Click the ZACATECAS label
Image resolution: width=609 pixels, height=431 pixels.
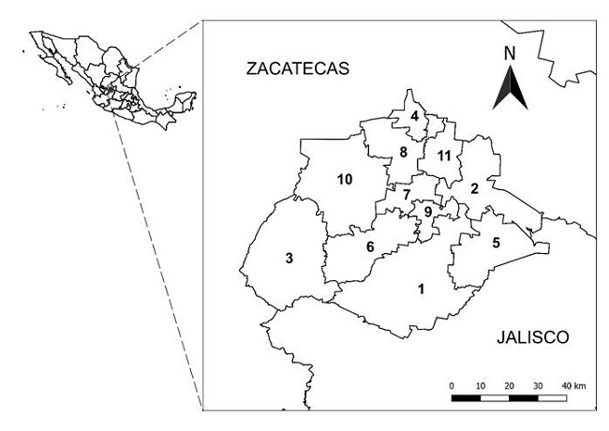tap(295, 68)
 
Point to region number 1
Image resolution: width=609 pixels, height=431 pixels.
tap(422, 288)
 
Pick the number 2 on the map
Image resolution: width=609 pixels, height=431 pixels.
tap(474, 188)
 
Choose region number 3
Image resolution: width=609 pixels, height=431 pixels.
tap(290, 258)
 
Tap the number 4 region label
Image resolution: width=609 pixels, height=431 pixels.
tap(414, 116)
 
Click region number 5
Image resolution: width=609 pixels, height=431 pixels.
tap(497, 243)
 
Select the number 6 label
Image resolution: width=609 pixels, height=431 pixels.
tap(370, 246)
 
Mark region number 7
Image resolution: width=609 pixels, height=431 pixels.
tap(407, 195)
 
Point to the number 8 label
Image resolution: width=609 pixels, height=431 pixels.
tap(403, 152)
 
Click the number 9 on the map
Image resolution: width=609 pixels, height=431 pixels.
tap(427, 212)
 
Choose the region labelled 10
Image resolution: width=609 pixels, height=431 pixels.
tap(344, 179)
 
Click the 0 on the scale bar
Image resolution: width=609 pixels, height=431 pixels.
tap(453, 385)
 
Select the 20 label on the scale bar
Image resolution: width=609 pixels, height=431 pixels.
tap(509, 385)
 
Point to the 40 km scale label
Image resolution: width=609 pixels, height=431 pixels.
tap(572, 385)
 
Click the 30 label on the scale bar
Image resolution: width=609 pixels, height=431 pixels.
tap(538, 385)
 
